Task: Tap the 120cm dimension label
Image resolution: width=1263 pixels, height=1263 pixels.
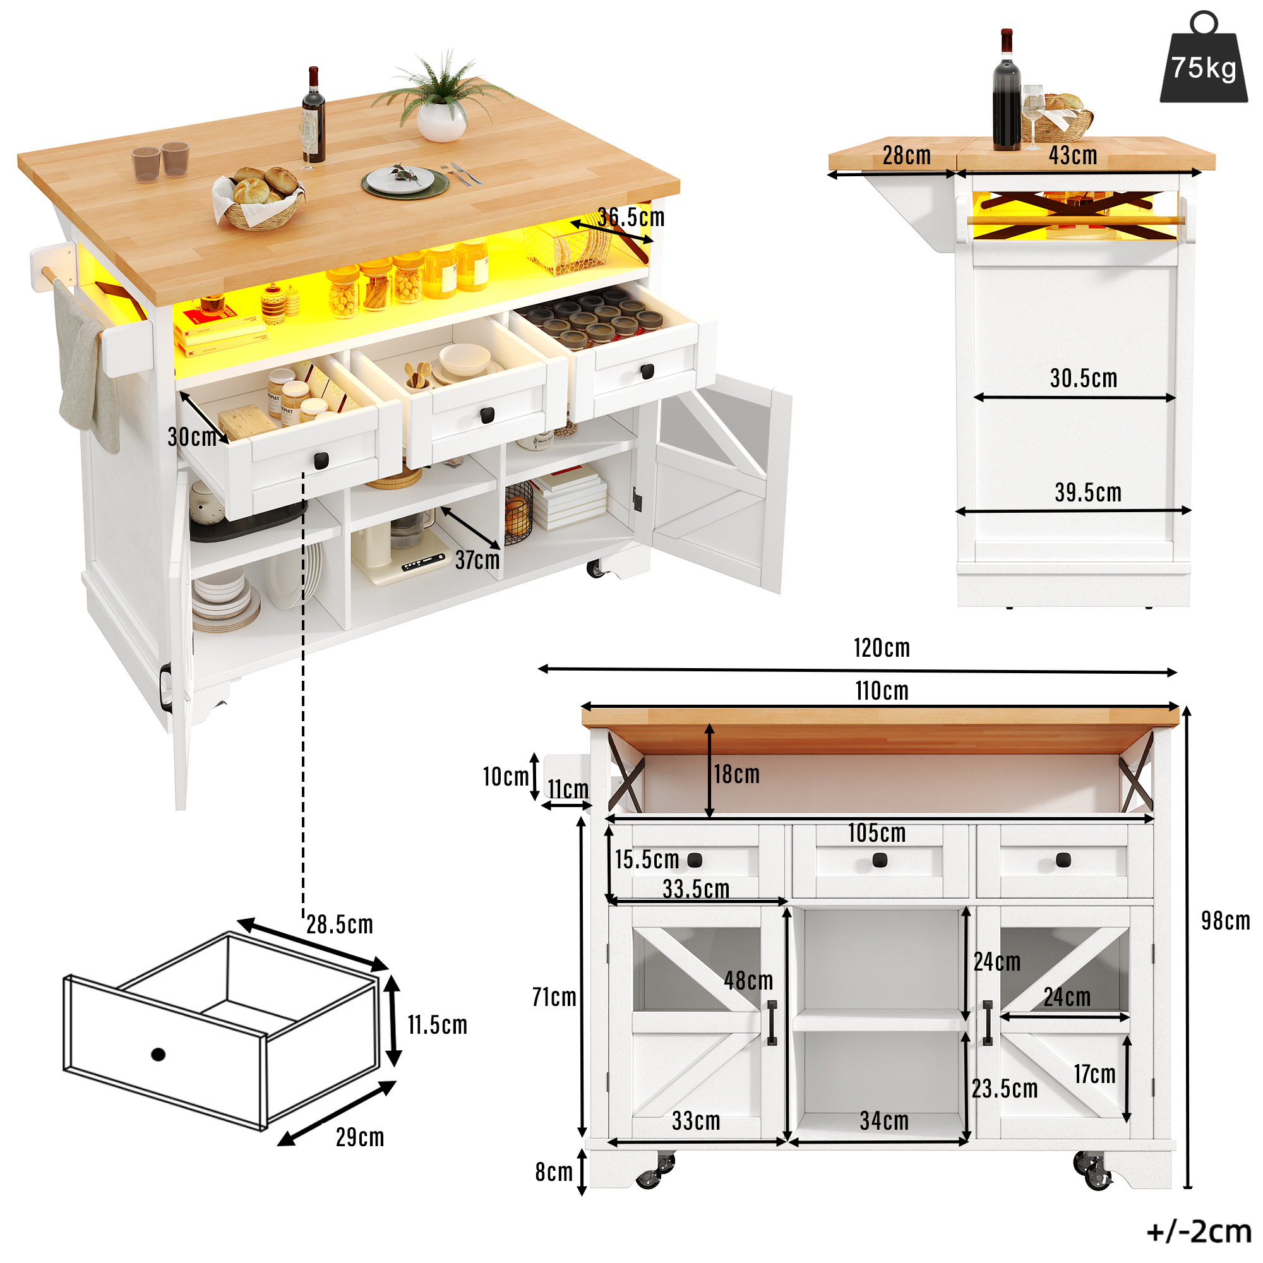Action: pyautogui.click(x=881, y=648)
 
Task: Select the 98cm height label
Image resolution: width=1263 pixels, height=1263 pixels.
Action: pyautogui.click(x=1225, y=921)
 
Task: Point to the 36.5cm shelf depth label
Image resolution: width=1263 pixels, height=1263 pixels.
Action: pyautogui.click(x=631, y=217)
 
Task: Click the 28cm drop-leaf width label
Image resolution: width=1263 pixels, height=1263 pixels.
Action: pyautogui.click(x=906, y=155)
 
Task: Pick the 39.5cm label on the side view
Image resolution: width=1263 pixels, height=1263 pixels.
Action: pyautogui.click(x=1088, y=493)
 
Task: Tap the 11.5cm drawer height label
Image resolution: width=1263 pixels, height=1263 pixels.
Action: pyautogui.click(x=438, y=1024)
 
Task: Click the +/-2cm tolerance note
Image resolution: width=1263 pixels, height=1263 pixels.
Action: pyautogui.click(x=1199, y=1231)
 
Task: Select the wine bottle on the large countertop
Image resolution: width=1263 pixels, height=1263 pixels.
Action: pyautogui.click(x=313, y=115)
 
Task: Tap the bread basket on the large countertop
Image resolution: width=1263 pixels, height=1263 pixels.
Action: pyautogui.click(x=259, y=198)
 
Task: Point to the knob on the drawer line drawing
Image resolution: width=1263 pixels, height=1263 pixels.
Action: pyautogui.click(x=157, y=1054)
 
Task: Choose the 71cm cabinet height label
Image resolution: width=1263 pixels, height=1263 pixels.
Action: pyautogui.click(x=554, y=997)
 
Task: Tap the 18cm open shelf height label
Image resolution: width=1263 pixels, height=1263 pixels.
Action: pyautogui.click(x=737, y=774)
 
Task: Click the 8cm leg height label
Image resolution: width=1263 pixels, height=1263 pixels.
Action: pyautogui.click(x=554, y=1172)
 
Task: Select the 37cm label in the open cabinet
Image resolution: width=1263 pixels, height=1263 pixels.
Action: pyautogui.click(x=477, y=560)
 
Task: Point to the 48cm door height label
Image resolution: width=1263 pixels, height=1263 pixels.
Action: pyautogui.click(x=748, y=980)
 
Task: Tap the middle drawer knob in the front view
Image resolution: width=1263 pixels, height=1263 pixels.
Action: pyautogui.click(x=880, y=860)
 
